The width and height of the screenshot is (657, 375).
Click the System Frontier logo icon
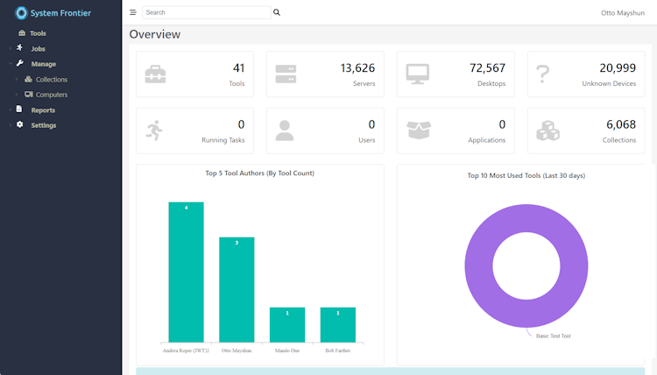coord(22,12)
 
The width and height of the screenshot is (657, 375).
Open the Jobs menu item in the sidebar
coord(38,48)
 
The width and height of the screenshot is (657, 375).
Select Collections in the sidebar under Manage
coord(51,79)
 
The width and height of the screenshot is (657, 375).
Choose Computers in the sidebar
coord(51,95)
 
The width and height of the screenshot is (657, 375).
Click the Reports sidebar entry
coord(43,110)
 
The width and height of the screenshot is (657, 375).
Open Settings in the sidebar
coord(43,125)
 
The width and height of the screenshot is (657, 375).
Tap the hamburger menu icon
coord(133,13)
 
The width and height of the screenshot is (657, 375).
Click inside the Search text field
coord(206,13)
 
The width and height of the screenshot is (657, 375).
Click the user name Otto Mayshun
coord(622,13)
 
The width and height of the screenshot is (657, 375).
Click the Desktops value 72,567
coord(487,68)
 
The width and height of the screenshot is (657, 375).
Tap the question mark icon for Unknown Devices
coord(543,74)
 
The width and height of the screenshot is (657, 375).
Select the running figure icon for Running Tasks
coord(155,131)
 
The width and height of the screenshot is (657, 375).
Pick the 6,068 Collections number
coord(620,124)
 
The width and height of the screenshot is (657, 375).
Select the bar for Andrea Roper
coord(186,272)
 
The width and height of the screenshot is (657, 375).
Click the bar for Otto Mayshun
coord(237,289)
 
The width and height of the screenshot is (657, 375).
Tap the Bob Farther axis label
coord(337,350)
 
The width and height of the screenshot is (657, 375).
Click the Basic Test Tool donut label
coord(553,336)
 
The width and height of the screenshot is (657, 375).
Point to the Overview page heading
coord(155,34)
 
